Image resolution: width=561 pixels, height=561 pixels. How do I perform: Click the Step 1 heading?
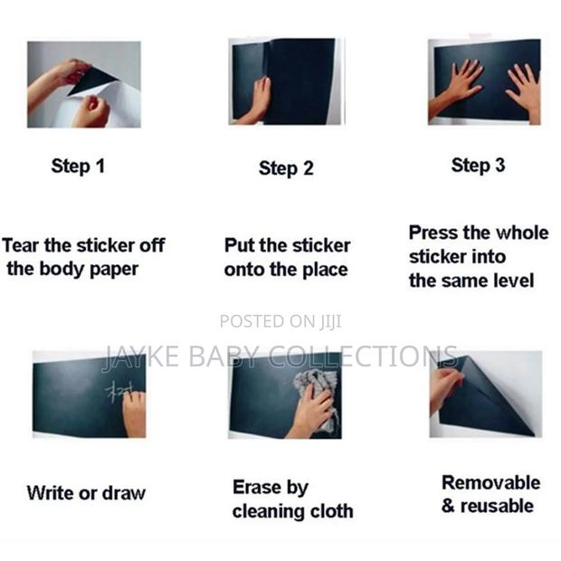(x=78, y=166)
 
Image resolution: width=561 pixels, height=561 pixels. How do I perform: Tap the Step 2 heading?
(x=286, y=168)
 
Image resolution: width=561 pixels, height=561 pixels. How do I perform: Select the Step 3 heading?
(x=478, y=166)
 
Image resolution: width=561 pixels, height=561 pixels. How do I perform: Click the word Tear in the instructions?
(x=21, y=245)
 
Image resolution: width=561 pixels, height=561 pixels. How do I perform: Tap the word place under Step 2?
(x=325, y=271)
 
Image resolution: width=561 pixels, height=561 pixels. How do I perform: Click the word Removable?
(x=490, y=482)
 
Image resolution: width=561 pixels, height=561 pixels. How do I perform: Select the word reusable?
(x=497, y=507)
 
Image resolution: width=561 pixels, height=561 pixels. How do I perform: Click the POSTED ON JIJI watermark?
(x=280, y=321)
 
